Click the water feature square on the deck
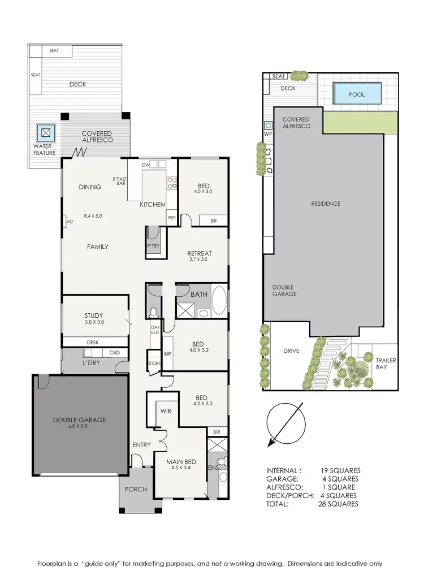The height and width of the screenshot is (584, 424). pos(45,133)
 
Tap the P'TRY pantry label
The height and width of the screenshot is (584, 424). pos(153,246)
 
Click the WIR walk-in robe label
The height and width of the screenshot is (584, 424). pos(166,411)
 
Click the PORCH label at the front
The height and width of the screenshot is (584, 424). pos(135,489)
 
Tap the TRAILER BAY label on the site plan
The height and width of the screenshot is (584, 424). pos(387,364)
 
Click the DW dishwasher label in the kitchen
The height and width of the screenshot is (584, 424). pos(146,165)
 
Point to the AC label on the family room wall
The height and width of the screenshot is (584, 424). pos(70,222)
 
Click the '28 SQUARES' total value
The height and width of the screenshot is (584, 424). pos(338,504)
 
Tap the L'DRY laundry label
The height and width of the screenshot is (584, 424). pos(91,362)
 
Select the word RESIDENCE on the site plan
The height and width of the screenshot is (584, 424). pos(325,204)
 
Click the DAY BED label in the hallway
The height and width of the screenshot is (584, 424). pos(155,330)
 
